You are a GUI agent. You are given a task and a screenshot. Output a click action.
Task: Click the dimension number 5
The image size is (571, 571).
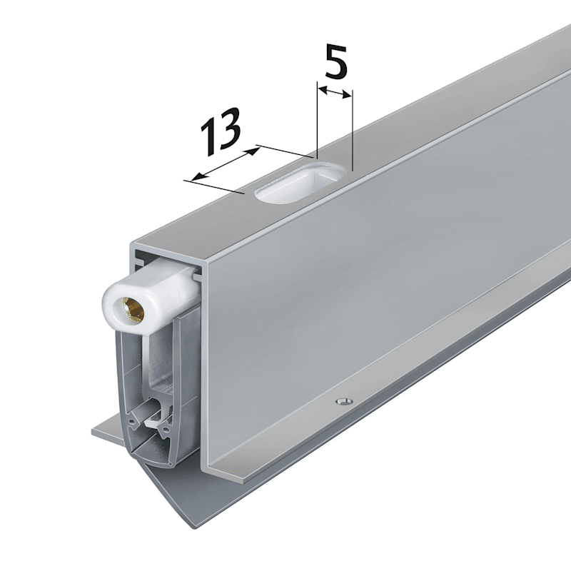pos(335,61)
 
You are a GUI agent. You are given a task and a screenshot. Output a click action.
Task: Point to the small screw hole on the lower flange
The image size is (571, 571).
pos(344,401)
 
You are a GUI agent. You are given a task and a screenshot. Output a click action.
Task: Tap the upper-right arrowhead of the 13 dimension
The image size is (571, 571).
pos(253,151)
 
